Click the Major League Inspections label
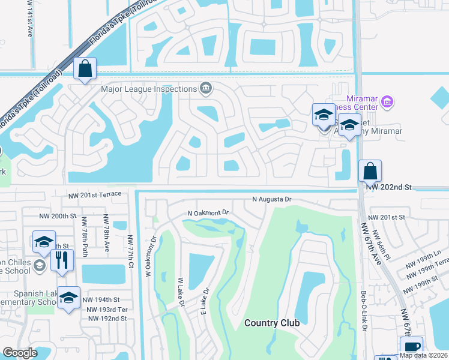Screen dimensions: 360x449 148,89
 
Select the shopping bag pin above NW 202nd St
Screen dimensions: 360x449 370,171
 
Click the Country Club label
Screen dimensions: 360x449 272,323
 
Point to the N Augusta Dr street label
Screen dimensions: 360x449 271,199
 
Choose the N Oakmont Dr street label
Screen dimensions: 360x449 209,213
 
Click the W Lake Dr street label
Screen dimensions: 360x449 181,292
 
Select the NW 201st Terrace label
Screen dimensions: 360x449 95,194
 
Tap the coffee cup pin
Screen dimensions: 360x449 412,347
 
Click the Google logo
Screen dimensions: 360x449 20,353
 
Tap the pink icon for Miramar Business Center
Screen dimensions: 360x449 387,101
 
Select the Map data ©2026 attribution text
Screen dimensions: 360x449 423,355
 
